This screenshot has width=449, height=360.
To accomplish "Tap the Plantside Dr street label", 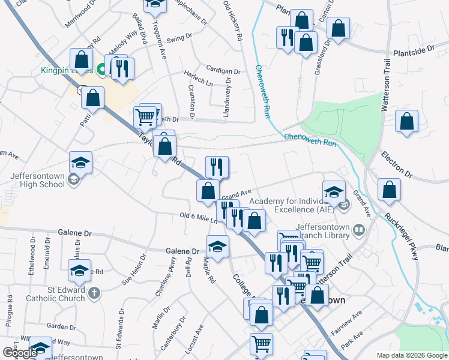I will pyautogui.click(x=413, y=53).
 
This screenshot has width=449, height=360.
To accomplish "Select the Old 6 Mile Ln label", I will pyautogui.click(x=197, y=217).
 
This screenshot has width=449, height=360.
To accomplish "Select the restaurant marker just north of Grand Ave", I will pyautogui.click(x=217, y=166).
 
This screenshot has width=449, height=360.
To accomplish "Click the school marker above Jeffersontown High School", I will pyautogui.click(x=80, y=162).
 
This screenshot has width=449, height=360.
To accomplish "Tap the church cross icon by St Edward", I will pyautogui.click(x=93, y=293).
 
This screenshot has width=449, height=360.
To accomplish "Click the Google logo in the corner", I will pyautogui.click(x=19, y=353).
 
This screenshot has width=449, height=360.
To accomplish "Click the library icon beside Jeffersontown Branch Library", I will pyautogui.click(x=358, y=230).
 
